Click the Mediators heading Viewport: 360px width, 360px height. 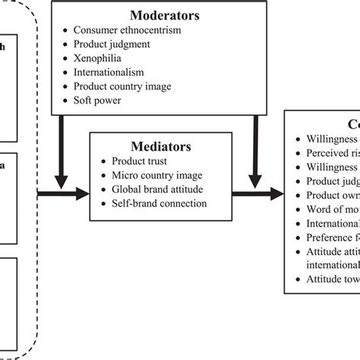pyautogui.click(x=158, y=146)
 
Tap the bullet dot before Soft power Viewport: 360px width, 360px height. pyautogui.click(x=66, y=99)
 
